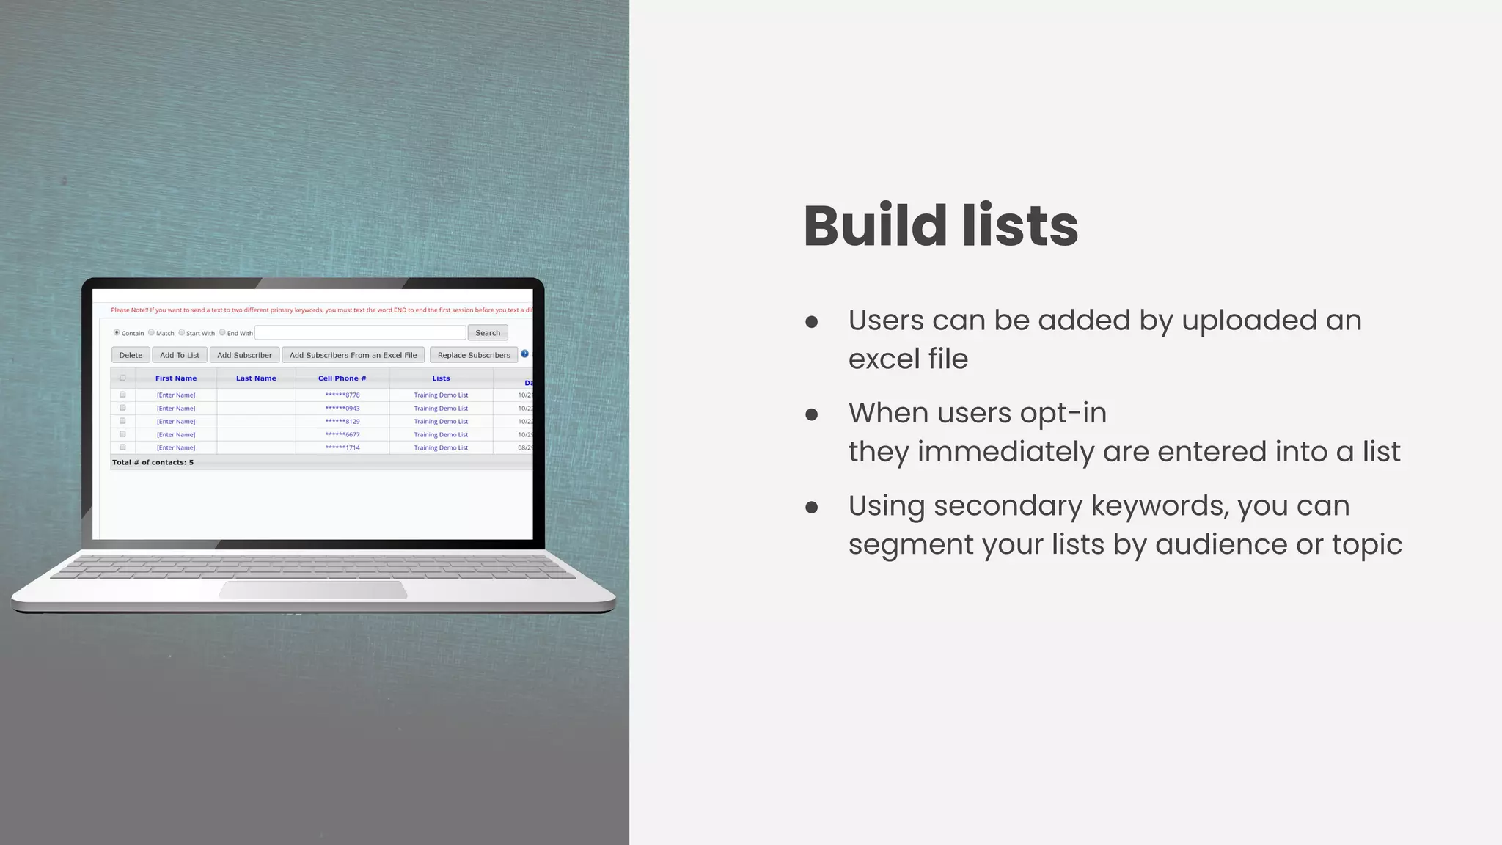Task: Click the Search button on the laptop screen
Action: (x=488, y=333)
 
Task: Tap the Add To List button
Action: (x=180, y=355)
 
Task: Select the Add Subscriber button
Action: (x=244, y=355)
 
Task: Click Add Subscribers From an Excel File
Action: (x=353, y=355)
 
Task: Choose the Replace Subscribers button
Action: (x=474, y=355)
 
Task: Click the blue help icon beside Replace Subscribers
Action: (x=524, y=354)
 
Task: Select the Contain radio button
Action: (x=117, y=333)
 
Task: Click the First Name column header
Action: (x=176, y=378)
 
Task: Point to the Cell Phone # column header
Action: (x=342, y=378)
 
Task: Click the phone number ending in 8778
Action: (x=342, y=395)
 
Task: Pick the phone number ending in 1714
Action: (x=342, y=448)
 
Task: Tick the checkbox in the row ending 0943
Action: (x=122, y=408)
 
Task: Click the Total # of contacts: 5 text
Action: (x=153, y=463)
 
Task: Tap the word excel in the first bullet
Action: (x=884, y=359)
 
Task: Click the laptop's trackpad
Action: (x=313, y=590)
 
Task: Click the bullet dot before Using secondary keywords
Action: (x=811, y=507)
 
